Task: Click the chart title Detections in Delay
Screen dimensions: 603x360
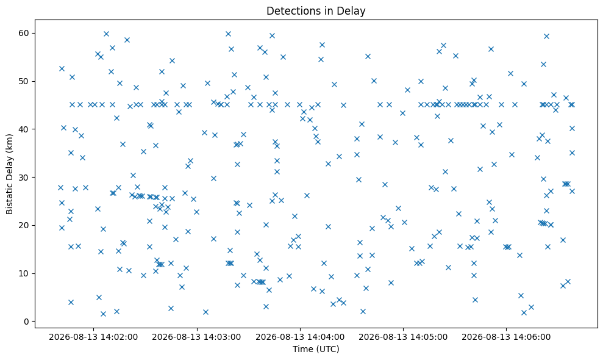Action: pos(316,11)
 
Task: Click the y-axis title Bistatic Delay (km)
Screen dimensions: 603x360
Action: pos(9,174)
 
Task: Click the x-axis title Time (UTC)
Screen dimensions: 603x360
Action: pos(316,349)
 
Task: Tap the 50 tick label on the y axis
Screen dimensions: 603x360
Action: pos(24,81)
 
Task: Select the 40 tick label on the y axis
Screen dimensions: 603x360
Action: pos(24,129)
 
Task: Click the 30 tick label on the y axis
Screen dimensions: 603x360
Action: pos(24,177)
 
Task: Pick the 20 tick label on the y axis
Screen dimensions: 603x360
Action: pos(24,225)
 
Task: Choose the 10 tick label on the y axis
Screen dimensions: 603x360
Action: pos(24,273)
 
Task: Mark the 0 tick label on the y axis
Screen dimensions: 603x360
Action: pos(27,322)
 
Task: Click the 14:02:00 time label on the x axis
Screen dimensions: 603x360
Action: pos(93,337)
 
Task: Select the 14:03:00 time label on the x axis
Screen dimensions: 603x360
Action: pos(196,337)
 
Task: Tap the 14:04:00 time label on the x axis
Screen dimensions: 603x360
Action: pos(300,337)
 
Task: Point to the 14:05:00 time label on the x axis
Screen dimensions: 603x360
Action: pos(403,337)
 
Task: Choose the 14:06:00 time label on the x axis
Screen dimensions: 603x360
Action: pos(506,337)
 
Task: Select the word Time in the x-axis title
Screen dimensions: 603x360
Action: pos(302,349)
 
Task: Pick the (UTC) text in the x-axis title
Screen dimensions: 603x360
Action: pos(327,349)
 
